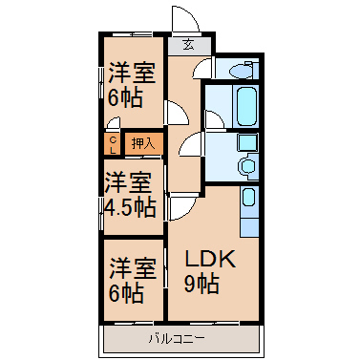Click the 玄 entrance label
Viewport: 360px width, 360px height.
[x=188, y=45]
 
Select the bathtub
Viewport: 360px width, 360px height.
[x=246, y=106]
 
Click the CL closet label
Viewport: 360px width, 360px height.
[x=113, y=145]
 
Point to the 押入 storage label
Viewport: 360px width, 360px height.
[x=143, y=144]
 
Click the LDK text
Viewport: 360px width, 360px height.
[x=210, y=259]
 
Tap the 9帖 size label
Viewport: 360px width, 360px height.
[x=201, y=284]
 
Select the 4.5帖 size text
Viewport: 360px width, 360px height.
[x=131, y=208]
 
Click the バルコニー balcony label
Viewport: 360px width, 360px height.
[x=177, y=339]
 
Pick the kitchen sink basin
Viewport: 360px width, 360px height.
[x=248, y=198]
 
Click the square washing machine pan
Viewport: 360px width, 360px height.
[x=248, y=143]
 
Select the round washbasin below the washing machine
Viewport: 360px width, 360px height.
[x=247, y=166]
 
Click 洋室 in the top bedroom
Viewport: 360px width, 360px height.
[x=133, y=73]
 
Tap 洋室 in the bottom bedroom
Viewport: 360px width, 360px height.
[x=133, y=268]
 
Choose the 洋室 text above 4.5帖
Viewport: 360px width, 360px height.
[x=128, y=182]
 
